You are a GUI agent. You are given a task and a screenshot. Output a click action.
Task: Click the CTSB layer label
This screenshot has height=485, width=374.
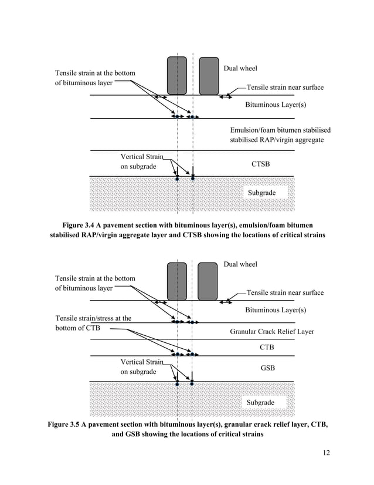click(261, 164)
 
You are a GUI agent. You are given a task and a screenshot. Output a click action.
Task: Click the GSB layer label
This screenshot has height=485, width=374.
click(267, 368)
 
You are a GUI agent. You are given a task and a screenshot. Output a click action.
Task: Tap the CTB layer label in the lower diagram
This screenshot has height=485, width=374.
click(267, 348)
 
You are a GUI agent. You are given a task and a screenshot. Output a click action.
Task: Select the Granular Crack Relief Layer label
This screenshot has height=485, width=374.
click(272, 332)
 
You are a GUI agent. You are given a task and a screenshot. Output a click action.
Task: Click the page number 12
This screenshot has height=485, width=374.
click(327, 453)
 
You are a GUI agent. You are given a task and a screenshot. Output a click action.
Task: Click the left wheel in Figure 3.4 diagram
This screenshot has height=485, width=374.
click(177, 75)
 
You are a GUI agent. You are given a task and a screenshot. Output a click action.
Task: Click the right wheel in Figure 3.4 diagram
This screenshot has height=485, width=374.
click(208, 75)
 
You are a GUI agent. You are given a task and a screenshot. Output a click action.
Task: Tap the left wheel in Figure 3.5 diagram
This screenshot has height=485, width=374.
click(176, 281)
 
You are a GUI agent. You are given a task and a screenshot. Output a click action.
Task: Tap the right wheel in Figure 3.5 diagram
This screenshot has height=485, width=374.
click(208, 281)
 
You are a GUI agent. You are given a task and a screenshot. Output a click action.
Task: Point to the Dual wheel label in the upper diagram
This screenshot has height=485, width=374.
click(240, 69)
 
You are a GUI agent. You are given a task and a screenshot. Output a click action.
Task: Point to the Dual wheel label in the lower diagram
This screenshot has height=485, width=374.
click(240, 264)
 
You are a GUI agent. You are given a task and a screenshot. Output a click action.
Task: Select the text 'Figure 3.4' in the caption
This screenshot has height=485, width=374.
click(80, 225)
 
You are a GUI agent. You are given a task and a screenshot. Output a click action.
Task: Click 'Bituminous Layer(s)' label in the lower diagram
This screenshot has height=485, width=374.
click(276, 309)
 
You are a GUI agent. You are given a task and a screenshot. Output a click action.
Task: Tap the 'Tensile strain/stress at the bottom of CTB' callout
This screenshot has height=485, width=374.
click(93, 323)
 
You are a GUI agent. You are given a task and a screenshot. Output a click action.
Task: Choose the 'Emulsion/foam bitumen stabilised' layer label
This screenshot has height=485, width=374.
click(280, 130)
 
